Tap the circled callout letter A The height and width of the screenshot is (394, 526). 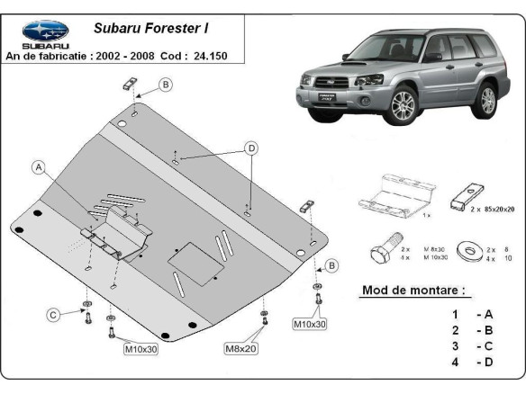[39, 166]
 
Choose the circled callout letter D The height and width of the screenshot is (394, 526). [252, 148]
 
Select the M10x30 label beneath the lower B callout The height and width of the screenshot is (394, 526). [309, 322]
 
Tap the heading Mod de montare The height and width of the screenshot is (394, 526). [413, 291]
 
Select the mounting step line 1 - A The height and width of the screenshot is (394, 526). [473, 314]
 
